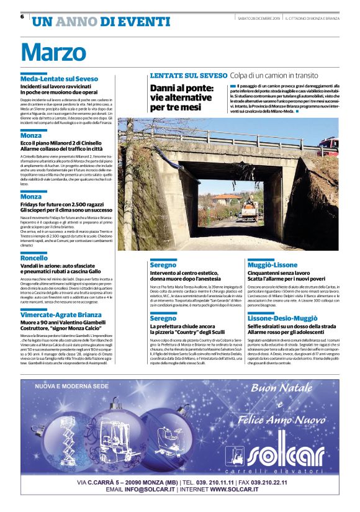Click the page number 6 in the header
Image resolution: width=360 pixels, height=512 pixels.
pyautogui.click(x=22, y=17)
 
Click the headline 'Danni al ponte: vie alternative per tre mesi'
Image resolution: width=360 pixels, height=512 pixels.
pyautogui.click(x=181, y=97)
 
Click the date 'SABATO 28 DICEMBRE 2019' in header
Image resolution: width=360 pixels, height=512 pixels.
pyautogui.click(x=259, y=18)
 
